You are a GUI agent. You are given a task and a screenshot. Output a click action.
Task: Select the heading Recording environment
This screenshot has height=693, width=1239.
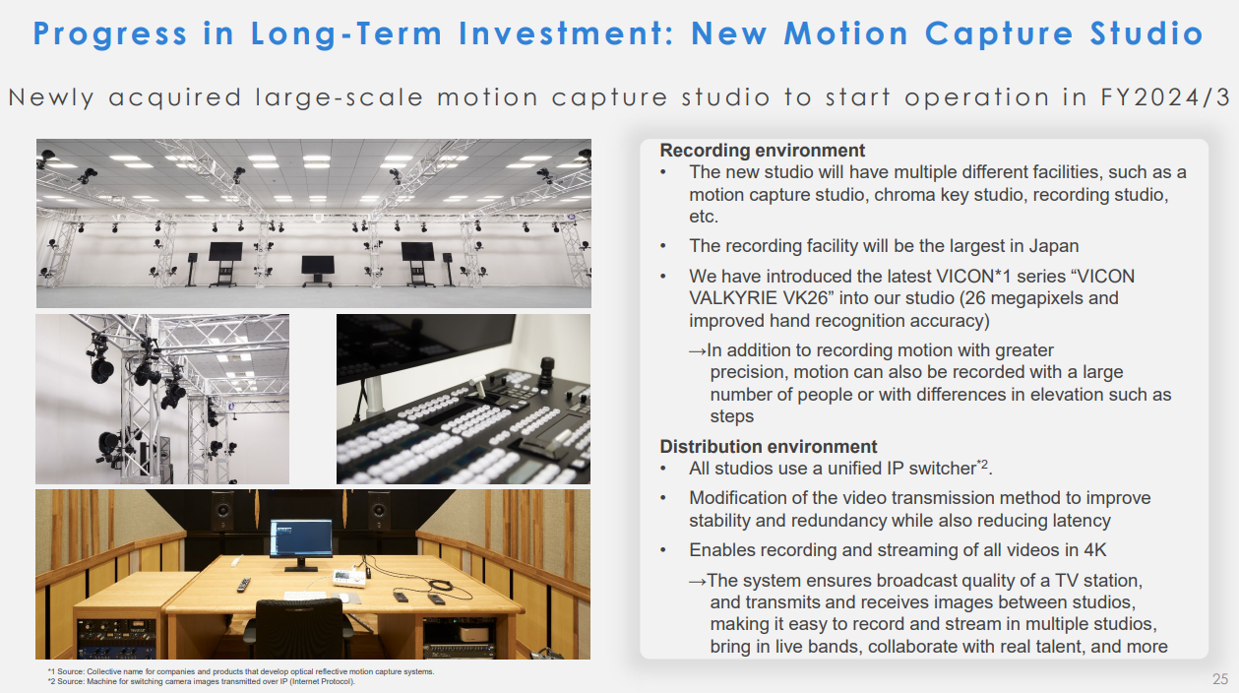(x=763, y=151)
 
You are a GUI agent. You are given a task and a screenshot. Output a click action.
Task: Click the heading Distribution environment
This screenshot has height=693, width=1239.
(x=769, y=446)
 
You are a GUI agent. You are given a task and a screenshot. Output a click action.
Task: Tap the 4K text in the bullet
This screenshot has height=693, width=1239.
(x=1095, y=549)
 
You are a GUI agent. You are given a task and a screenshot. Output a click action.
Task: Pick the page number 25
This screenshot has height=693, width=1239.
(x=1219, y=678)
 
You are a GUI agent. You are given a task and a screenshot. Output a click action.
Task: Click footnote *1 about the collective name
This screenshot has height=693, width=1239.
(x=241, y=671)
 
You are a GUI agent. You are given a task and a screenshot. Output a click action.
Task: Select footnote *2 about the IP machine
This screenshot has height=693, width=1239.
(x=202, y=681)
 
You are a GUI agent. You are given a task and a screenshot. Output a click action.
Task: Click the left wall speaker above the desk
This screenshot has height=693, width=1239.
(x=222, y=511)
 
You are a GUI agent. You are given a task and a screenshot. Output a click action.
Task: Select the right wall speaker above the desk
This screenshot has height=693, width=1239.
(x=379, y=511)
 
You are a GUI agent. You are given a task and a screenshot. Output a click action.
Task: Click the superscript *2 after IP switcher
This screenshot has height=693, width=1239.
(x=982, y=464)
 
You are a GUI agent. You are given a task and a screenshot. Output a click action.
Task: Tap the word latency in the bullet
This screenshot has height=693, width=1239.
(x=1081, y=521)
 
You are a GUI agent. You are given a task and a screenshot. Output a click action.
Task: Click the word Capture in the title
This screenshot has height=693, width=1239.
(x=1000, y=33)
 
